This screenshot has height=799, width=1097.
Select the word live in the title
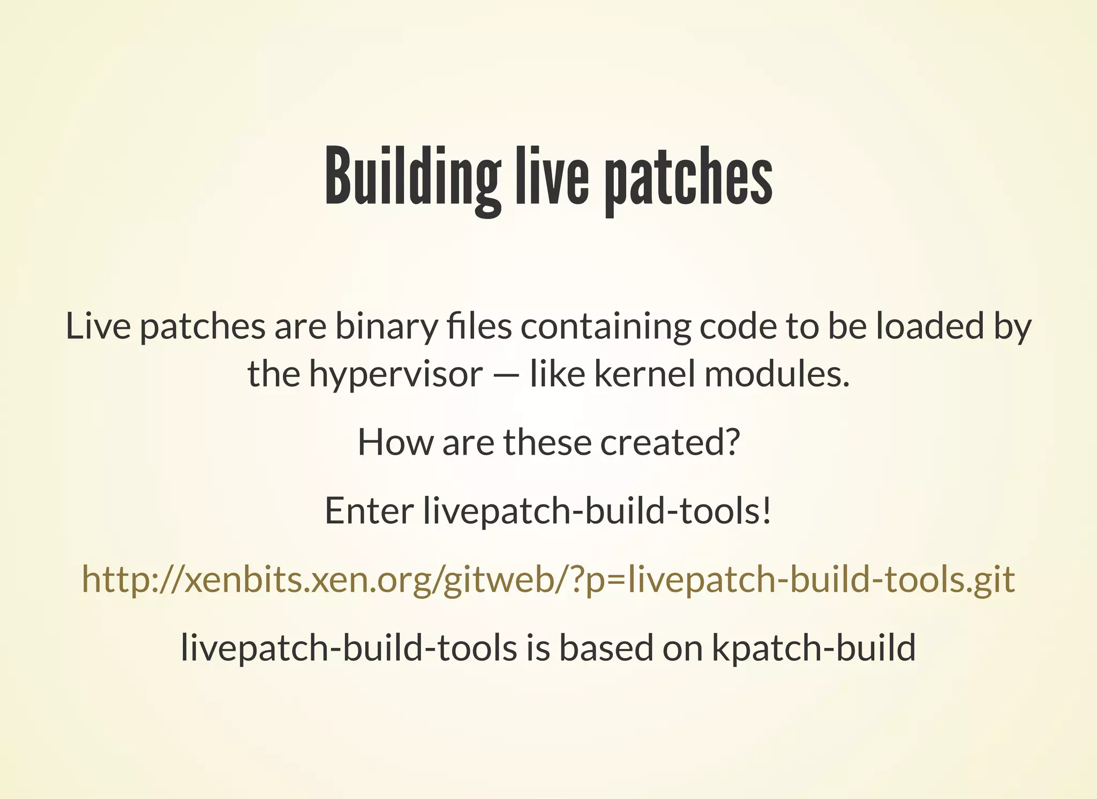pyautogui.click(x=552, y=177)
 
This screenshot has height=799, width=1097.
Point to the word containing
pyautogui.click(x=605, y=326)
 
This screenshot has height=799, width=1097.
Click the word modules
pyautogui.click(x=777, y=374)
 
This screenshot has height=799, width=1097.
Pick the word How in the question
pyautogui.click(x=395, y=442)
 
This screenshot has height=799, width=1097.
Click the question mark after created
pyautogui.click(x=732, y=442)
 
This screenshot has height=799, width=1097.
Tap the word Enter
pyautogui.click(x=369, y=511)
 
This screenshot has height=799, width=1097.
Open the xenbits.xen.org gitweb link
pyautogui.click(x=548, y=579)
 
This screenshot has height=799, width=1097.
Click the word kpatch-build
pyautogui.click(x=814, y=648)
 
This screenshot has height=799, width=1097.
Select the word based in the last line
pyautogui.click(x=606, y=648)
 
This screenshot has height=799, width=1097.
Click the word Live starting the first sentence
pyautogui.click(x=98, y=326)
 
